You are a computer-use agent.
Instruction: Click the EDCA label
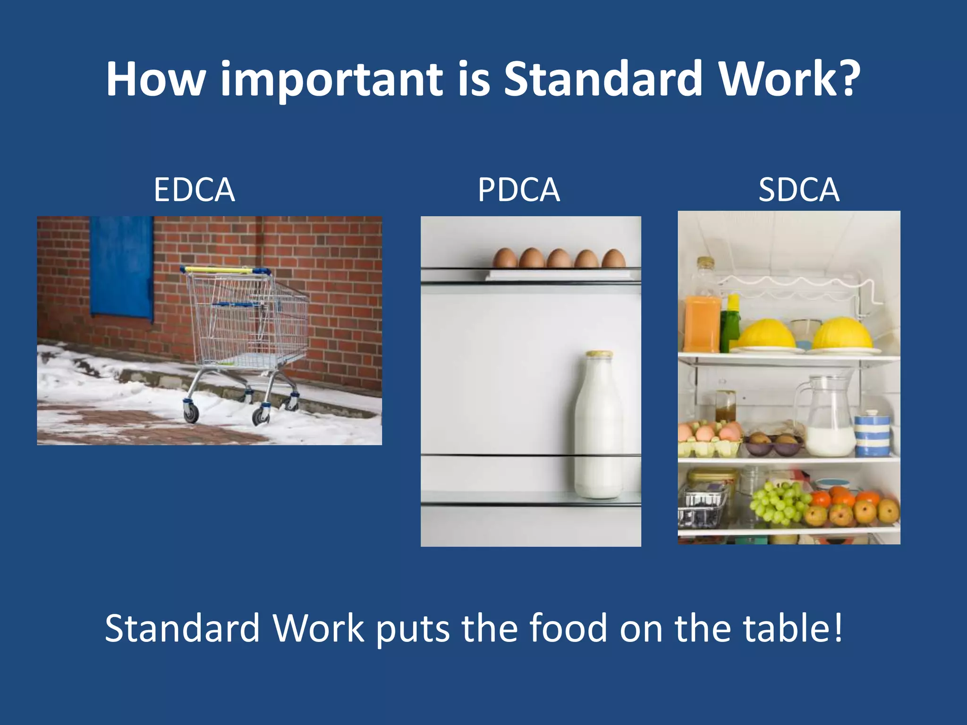[x=194, y=190]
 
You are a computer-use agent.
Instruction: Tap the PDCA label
[x=518, y=190]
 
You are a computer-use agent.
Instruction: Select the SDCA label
[x=799, y=190]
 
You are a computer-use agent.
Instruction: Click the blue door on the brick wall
[x=121, y=267]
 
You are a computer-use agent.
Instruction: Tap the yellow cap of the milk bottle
[x=599, y=354]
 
